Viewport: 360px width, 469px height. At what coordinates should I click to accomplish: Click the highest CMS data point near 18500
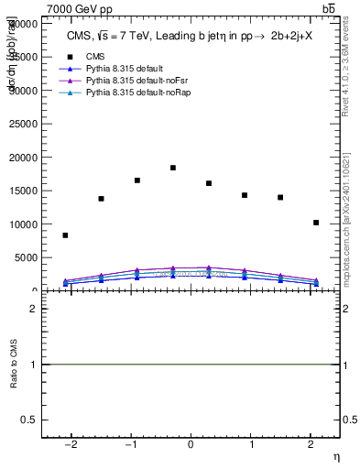(173, 168)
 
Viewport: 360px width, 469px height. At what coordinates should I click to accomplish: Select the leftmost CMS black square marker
(65, 235)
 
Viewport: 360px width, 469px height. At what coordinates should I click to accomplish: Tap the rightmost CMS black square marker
(316, 223)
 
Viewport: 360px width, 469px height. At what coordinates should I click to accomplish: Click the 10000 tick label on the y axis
(25, 224)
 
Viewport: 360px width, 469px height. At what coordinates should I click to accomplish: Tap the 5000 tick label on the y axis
(27, 257)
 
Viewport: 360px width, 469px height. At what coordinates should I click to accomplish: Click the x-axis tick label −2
(69, 445)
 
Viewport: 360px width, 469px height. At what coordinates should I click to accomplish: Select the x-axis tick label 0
(191, 445)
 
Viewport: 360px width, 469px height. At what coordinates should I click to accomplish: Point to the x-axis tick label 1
(250, 445)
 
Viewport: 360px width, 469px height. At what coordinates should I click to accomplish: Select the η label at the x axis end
(334, 456)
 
